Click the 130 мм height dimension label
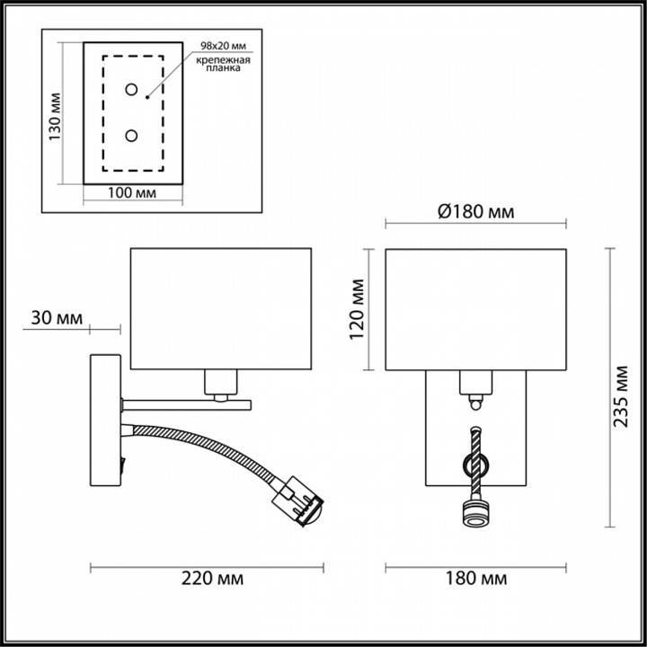pos(55,118)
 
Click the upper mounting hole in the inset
pos(131,90)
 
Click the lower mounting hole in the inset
pos(131,136)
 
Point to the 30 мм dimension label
pos(56,318)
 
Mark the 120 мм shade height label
pos(356,308)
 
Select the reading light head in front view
pos(474,515)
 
